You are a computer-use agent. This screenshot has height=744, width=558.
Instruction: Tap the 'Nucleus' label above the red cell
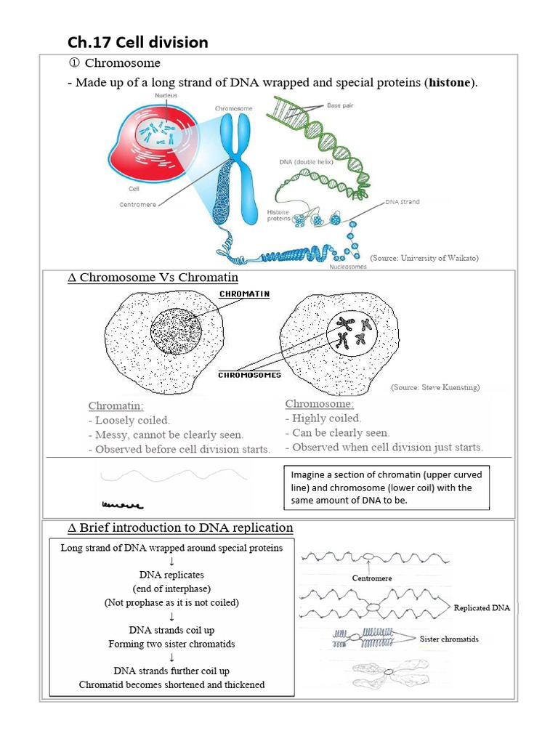[166, 95]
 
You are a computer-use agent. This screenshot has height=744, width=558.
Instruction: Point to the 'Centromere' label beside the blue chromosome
[137, 204]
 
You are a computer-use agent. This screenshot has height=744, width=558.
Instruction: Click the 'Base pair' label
[340, 106]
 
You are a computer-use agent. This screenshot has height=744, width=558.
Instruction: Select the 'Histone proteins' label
[279, 214]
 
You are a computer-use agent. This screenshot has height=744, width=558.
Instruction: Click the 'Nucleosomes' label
[348, 267]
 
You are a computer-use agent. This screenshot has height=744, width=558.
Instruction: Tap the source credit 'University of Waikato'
[424, 257]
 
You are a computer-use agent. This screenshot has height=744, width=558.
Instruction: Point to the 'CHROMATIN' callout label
[244, 294]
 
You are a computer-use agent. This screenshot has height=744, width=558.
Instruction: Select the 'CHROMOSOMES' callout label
[249, 375]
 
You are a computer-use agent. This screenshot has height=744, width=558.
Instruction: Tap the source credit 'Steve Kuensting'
[434, 387]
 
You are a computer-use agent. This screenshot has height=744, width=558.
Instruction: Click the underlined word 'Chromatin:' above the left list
[116, 405]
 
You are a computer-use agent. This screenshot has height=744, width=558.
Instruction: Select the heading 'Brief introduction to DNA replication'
[180, 527]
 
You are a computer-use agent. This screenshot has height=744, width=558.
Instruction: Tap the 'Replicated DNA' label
[482, 607]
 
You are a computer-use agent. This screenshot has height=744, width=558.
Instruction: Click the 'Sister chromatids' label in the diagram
[449, 639]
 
